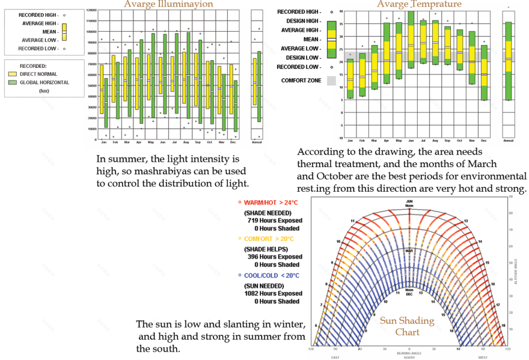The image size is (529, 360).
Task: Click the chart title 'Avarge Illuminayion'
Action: [168, 4]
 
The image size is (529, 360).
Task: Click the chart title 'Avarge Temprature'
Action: [420, 4]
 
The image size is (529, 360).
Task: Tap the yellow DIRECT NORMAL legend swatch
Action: [13, 73]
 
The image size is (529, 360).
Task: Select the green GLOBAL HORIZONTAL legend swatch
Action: [13, 82]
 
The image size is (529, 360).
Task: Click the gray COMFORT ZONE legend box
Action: [331, 80]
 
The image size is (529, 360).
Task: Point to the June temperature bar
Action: [411, 39]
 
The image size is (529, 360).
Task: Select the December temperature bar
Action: [484, 72]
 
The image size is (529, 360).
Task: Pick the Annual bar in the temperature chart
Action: [509, 60]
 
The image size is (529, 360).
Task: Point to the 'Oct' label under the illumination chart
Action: [209, 142]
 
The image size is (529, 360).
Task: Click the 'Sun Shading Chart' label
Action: [406, 326]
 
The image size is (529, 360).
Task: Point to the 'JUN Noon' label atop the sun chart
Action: [409, 203]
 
